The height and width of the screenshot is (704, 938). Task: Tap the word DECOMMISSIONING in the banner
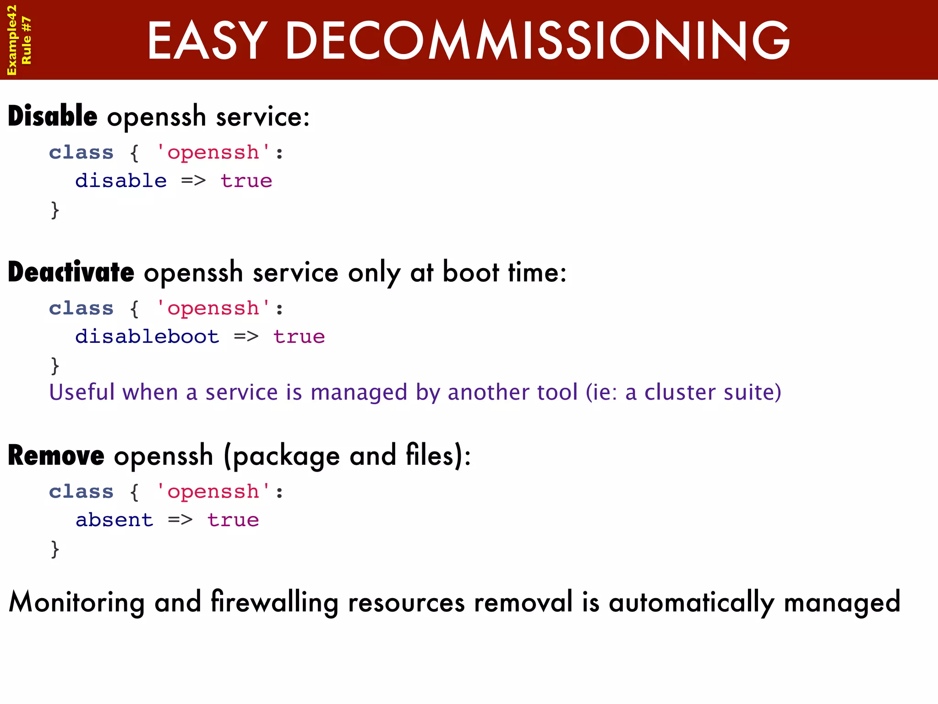pos(538,41)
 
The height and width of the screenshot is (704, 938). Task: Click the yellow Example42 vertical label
pos(12,40)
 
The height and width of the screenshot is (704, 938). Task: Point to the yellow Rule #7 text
pos(27,40)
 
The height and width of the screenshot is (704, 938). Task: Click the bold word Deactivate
pos(71,272)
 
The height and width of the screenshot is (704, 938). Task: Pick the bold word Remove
pos(56,456)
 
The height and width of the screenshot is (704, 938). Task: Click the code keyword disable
pos(121,181)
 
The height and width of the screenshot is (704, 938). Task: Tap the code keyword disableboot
pos(147,336)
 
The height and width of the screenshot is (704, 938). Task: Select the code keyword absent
pos(115,520)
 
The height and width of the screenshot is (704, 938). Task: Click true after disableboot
pos(299,336)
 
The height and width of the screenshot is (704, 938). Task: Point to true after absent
pos(233,520)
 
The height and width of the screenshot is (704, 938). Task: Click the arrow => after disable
pos(193,181)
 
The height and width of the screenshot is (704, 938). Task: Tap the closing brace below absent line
pos(55,549)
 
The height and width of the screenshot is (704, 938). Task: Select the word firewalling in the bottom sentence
pos(274,602)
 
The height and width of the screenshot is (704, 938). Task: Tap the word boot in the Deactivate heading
pos(470,272)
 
